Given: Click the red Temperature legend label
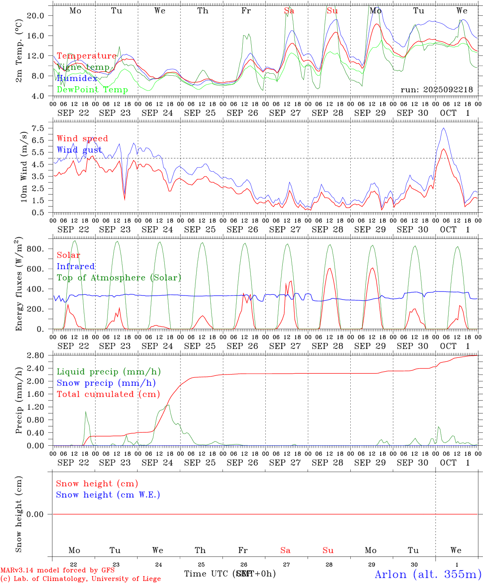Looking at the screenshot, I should (87, 56).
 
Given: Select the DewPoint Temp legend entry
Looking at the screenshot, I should (92, 90).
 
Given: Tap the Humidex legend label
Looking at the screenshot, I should (77, 79).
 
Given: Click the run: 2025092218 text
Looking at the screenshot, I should (436, 90).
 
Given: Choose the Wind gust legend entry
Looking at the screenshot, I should (79, 150).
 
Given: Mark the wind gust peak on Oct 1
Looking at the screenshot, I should (444, 128).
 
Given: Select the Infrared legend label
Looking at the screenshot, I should (76, 266).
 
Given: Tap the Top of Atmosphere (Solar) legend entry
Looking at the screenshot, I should (119, 278).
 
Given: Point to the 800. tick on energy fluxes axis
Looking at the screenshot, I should (36, 249).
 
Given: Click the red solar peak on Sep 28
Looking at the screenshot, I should (330, 268).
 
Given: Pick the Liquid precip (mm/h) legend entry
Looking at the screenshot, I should (108, 372).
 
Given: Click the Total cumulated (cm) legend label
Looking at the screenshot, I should (108, 394).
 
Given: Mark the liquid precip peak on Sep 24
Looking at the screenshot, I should (168, 405).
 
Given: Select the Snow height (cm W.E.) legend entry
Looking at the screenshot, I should (108, 495).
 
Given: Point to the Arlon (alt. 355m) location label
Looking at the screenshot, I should (428, 574).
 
